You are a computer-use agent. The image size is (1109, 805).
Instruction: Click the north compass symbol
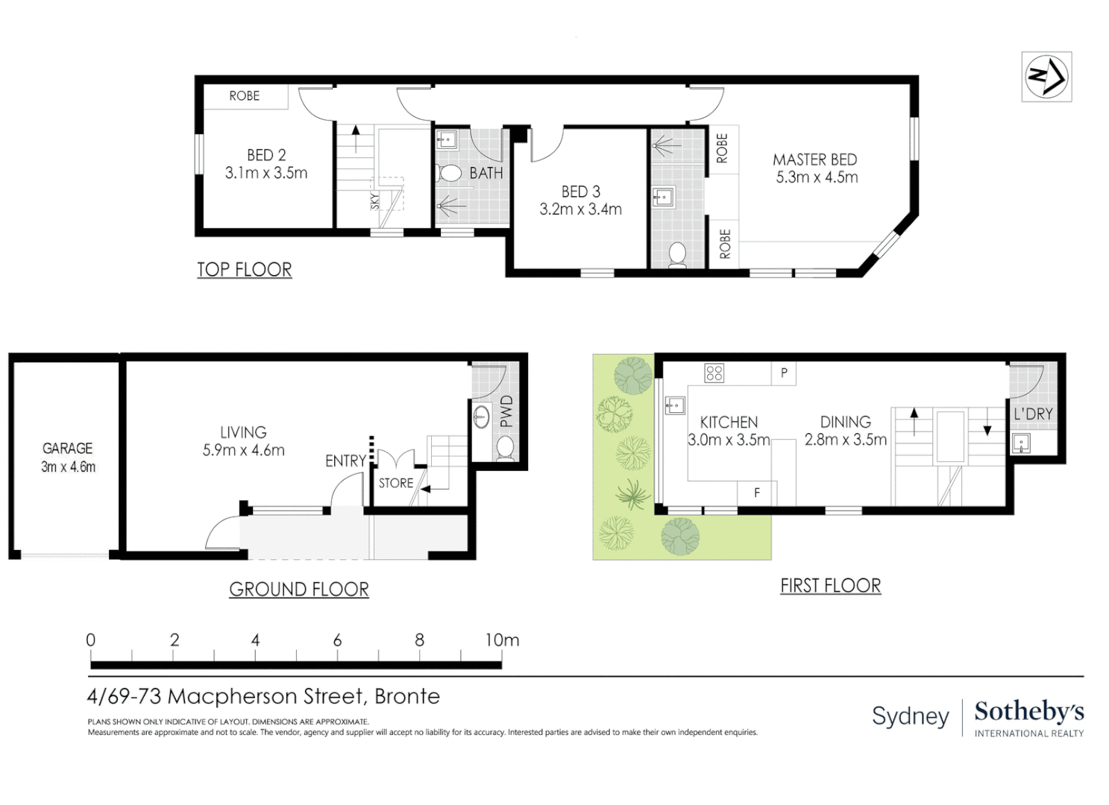click(1046, 78)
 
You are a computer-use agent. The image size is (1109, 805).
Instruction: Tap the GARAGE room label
click(68, 448)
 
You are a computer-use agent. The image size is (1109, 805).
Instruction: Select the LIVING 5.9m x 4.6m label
click(243, 441)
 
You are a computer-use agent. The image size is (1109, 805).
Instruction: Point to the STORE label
click(395, 483)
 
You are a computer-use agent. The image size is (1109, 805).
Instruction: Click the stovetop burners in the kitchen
click(714, 373)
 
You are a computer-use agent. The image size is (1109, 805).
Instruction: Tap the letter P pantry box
click(784, 373)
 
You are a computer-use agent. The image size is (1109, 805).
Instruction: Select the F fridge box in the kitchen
click(756, 493)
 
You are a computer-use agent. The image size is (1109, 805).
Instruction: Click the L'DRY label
click(1033, 414)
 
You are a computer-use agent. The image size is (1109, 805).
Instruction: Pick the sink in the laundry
click(1021, 443)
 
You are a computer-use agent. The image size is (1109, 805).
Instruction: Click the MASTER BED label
click(814, 160)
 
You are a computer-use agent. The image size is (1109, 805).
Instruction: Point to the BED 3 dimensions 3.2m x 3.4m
click(580, 209)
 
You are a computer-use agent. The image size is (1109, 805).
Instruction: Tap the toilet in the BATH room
click(449, 173)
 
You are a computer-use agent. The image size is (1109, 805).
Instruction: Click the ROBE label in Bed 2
click(244, 96)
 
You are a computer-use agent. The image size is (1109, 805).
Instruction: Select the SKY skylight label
click(375, 201)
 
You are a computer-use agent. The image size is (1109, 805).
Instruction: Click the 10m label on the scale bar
click(502, 640)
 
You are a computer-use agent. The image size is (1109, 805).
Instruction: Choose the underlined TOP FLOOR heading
click(245, 270)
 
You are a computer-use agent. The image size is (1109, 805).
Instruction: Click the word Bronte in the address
click(407, 697)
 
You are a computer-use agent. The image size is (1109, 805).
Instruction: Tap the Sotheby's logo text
click(1029, 713)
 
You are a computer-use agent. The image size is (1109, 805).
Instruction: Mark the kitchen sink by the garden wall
click(675, 405)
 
